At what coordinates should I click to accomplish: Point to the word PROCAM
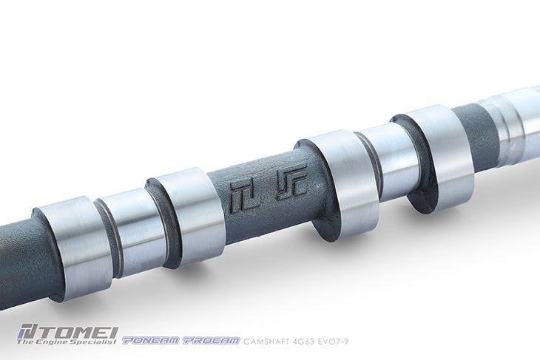tap(210, 341)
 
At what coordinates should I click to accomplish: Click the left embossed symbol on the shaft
tap(242, 194)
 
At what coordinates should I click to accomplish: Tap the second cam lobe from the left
tap(189, 214)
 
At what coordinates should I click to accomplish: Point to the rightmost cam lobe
tap(437, 154)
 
